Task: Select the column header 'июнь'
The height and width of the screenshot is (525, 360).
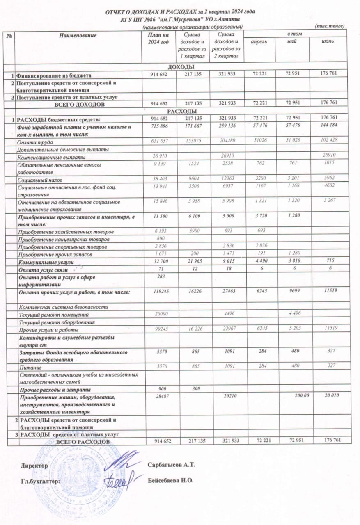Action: (x=329, y=42)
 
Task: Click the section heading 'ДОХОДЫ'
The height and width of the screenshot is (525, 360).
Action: (x=181, y=67)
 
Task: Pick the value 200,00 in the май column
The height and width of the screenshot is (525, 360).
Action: (x=294, y=397)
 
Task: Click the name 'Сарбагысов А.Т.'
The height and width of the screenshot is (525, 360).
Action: (x=171, y=465)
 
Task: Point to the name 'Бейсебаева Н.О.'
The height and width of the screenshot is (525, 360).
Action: (x=170, y=480)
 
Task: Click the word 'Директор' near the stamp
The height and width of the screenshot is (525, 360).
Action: (x=34, y=466)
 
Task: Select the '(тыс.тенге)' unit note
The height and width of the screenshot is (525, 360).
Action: (x=329, y=26)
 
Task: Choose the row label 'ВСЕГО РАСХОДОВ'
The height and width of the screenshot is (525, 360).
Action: (x=83, y=441)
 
